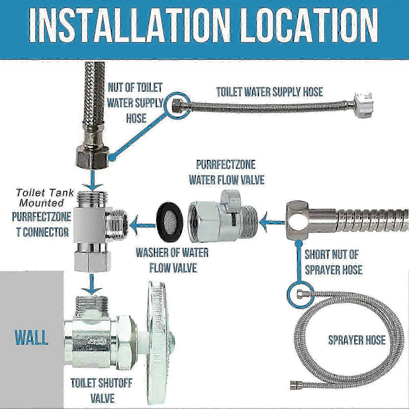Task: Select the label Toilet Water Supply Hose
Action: (x=270, y=91)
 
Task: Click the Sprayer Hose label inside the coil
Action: (x=357, y=340)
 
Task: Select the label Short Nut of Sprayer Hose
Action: (x=333, y=262)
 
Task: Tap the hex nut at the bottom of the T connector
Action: (x=92, y=261)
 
